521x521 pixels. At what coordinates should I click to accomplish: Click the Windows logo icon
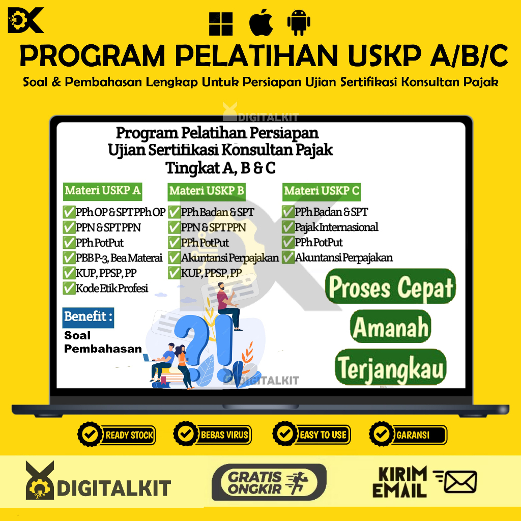(221, 23)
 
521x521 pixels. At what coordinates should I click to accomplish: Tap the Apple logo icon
(262, 22)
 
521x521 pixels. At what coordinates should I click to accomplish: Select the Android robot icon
(299, 23)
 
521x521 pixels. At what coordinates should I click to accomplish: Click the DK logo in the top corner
(26, 21)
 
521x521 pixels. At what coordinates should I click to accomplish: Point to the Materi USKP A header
(102, 191)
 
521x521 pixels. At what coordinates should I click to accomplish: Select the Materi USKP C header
(322, 191)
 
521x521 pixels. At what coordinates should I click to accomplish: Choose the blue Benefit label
(88, 317)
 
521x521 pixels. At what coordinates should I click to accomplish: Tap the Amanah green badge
(391, 327)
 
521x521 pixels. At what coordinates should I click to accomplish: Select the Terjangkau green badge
(391, 367)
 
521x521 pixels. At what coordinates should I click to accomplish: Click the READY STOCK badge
(117, 435)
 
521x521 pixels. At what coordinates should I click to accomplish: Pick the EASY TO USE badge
(311, 435)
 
